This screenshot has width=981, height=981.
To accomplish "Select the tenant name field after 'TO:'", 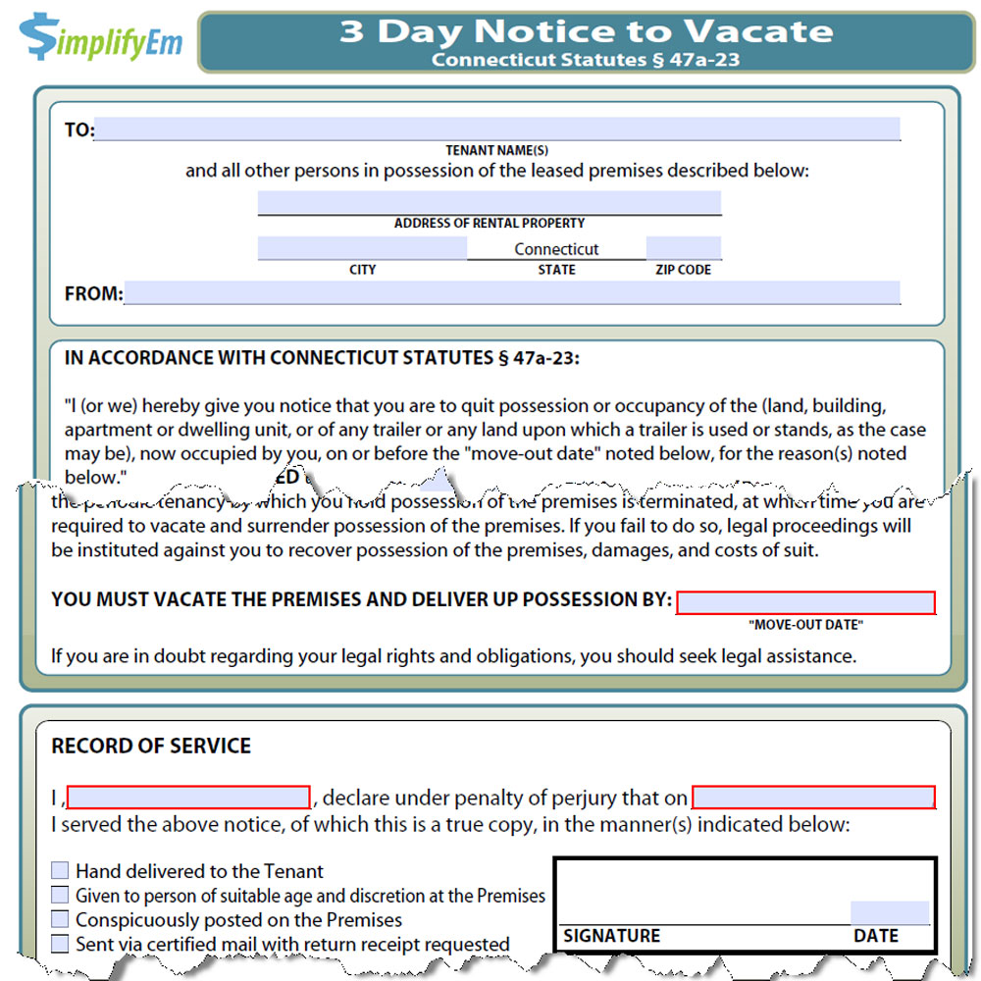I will point(496,129).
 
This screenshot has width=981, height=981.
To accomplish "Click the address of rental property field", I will point(489,203).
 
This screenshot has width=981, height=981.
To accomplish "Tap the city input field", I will point(362,248).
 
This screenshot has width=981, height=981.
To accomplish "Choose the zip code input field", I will point(683,248).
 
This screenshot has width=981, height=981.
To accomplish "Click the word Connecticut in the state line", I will point(556,249).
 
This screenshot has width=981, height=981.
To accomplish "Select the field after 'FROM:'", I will point(511,292).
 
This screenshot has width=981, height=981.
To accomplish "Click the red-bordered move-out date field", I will point(805,602).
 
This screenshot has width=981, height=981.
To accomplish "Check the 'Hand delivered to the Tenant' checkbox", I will point(61,870).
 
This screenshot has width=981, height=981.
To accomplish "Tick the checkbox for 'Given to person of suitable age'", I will point(61,895).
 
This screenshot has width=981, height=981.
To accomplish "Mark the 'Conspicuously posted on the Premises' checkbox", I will point(61,919).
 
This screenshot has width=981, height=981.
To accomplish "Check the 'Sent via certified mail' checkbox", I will point(61,944).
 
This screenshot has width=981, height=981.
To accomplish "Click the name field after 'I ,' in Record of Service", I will point(188,797).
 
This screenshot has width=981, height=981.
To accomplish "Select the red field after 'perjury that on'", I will point(813,797).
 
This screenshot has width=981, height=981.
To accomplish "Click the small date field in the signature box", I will point(889,912).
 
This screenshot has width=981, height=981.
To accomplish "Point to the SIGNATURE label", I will point(611,936).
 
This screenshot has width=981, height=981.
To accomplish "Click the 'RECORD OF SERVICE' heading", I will point(151,746).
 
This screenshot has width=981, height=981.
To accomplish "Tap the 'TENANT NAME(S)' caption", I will point(496,151).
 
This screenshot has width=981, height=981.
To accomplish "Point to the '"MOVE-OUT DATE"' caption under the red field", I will point(805,625).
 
